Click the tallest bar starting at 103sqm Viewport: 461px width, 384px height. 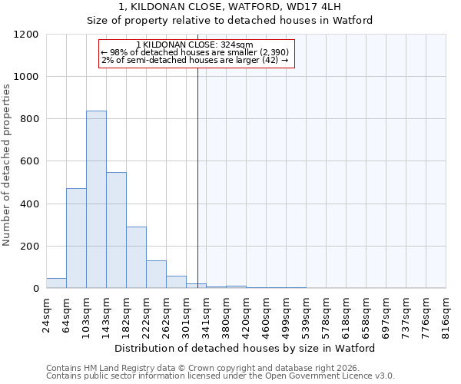[x=96, y=200]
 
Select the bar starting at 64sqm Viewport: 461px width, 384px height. [x=76, y=238]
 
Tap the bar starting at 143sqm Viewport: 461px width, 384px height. [x=116, y=230]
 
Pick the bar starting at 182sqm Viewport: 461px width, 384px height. [x=136, y=257]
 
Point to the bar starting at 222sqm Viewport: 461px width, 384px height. [x=156, y=274]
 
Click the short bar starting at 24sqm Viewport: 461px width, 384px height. [x=56, y=283]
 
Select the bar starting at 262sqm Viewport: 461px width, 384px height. [x=176, y=282]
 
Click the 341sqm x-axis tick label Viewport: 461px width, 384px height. [x=206, y=313]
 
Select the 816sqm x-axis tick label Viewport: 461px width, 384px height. [x=446, y=313]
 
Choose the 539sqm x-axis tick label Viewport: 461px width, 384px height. [x=306, y=313]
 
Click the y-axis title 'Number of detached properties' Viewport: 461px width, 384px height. [x=7, y=165]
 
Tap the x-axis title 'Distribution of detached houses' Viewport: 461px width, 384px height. [x=245, y=348]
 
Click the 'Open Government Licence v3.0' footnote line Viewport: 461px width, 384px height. [x=221, y=376]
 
